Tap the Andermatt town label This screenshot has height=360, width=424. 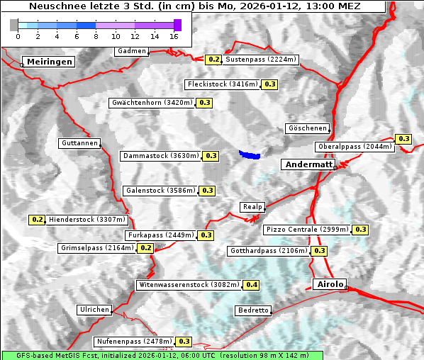309,164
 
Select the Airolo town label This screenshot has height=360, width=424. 330,284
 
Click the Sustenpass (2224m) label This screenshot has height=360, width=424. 261,60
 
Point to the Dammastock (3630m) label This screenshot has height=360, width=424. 160,155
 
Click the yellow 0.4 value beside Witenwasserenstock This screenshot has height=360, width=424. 252,285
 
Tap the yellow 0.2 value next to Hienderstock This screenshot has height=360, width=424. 38,220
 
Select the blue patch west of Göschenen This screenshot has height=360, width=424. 250,154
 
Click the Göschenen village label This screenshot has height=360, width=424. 308,128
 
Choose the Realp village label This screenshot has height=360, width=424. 252,207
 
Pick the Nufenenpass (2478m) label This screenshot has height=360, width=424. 134,342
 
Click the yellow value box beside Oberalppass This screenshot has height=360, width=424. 403,139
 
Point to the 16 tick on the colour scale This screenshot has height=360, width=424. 174,35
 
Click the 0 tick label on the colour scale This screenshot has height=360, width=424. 18,35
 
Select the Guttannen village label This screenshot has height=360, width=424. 79,143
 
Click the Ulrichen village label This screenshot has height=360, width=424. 94,310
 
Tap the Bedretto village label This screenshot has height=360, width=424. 253,310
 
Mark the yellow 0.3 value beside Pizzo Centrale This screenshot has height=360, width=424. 361,230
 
